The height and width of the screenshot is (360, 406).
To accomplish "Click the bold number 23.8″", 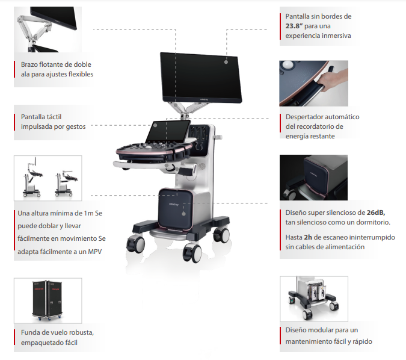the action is [x=294, y=26].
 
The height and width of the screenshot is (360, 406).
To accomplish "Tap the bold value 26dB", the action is [x=376, y=213].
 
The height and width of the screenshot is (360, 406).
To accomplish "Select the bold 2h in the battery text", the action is [x=308, y=237].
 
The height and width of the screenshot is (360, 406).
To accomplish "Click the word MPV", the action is [x=95, y=252].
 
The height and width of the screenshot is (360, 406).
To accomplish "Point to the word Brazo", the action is [x=29, y=64].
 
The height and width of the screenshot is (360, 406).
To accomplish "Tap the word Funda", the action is [x=29, y=332].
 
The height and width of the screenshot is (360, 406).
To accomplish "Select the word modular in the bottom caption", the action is [x=320, y=330].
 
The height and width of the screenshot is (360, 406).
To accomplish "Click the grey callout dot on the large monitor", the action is [x=226, y=62].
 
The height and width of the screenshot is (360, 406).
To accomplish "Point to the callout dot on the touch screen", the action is [x=155, y=125].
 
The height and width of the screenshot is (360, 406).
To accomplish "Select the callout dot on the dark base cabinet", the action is [x=183, y=214].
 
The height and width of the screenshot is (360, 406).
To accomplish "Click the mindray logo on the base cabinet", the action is [x=174, y=205].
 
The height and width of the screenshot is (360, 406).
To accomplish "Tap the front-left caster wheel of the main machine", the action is [x=136, y=244].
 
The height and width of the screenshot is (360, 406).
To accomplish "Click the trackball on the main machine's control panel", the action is [x=149, y=147].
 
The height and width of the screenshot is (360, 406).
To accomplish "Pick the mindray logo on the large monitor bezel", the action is [x=204, y=99].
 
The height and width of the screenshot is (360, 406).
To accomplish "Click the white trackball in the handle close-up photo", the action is [x=288, y=64].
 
